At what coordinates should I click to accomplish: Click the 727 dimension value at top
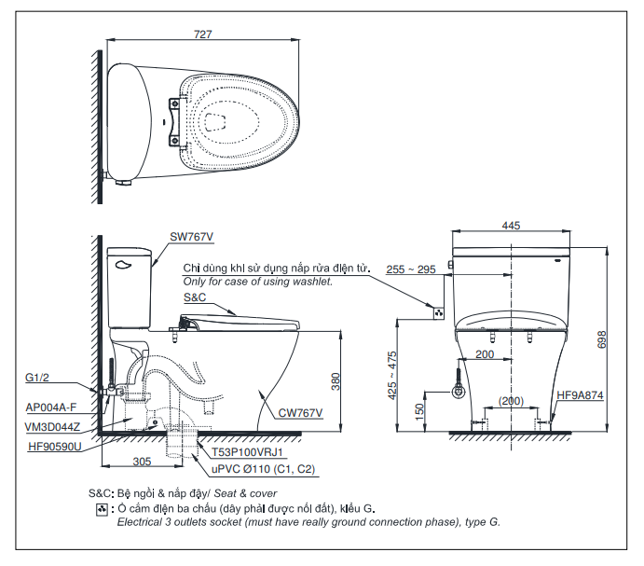tap(203, 35)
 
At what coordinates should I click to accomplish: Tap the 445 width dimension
tap(510, 225)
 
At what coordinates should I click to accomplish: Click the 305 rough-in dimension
tap(142, 461)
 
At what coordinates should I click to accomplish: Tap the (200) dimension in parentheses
tap(510, 400)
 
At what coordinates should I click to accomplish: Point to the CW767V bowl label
tap(300, 412)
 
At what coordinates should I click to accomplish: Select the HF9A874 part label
tap(581, 395)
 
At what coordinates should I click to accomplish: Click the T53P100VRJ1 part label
tap(243, 452)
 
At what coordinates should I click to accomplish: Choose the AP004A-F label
tap(51, 407)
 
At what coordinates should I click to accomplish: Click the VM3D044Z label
tap(52, 425)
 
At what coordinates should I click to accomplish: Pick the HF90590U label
tap(53, 446)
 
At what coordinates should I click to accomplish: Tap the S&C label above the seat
tap(194, 297)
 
